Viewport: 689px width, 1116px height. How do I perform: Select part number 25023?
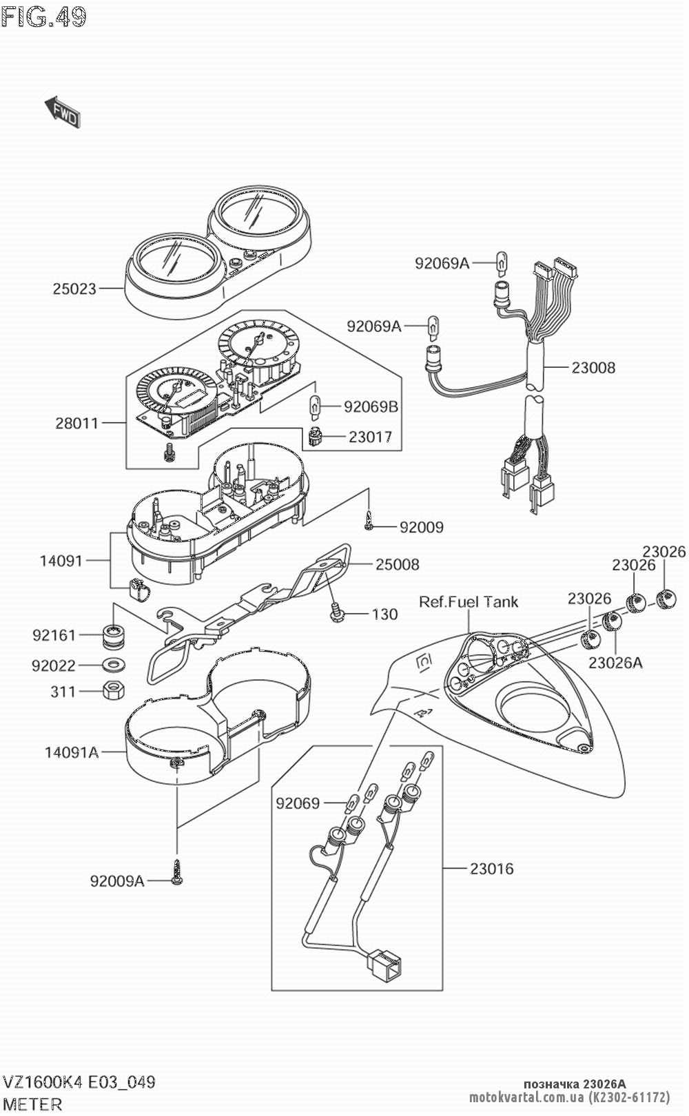(x=74, y=289)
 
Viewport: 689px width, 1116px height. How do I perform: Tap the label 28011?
(x=77, y=423)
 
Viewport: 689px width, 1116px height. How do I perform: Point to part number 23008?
(x=593, y=367)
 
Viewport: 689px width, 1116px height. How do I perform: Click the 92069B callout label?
(x=371, y=406)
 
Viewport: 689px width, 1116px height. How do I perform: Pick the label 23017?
(x=370, y=437)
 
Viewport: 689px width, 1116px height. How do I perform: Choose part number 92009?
(x=422, y=528)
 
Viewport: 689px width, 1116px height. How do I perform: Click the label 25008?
(x=397, y=564)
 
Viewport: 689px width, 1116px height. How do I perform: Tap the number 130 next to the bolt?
(x=384, y=614)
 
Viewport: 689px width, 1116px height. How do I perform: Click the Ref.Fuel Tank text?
(x=469, y=602)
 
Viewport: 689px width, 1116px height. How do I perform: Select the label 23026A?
(x=615, y=663)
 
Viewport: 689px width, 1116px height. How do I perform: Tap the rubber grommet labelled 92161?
(x=110, y=635)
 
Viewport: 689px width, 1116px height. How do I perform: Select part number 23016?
(x=492, y=869)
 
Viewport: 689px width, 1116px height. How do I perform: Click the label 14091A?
(x=72, y=752)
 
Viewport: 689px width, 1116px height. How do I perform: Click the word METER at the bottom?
(x=32, y=1104)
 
